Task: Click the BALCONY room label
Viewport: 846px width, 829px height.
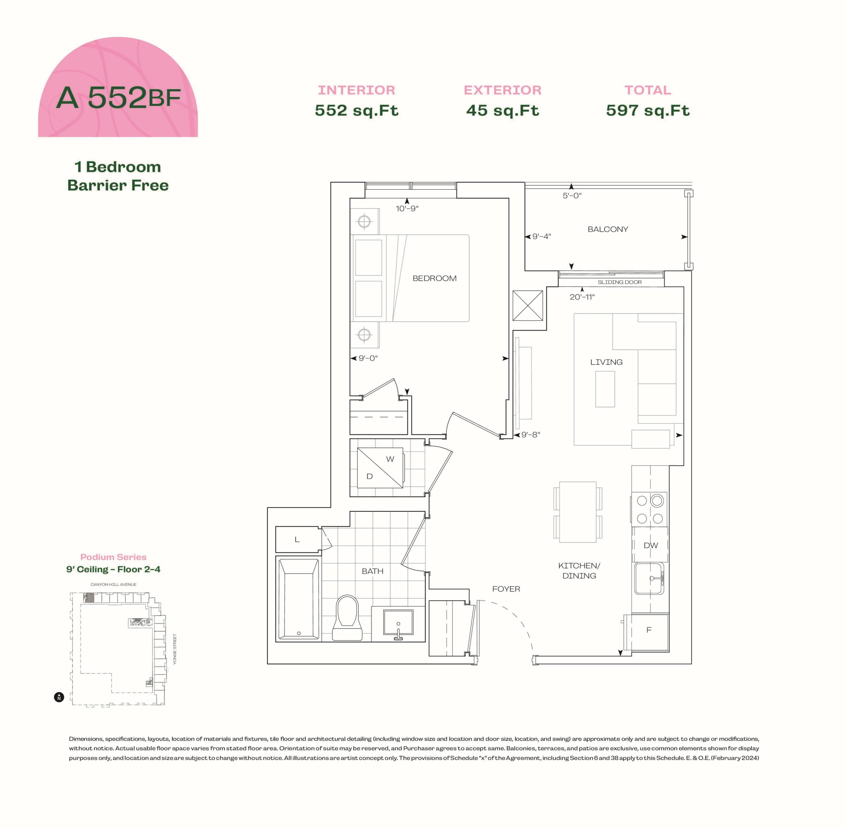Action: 608,230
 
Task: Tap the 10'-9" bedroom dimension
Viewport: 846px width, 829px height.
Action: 407,208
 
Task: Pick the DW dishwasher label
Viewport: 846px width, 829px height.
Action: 651,545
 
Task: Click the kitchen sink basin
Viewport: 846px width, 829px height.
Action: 649,579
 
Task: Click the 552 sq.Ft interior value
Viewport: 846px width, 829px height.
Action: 357,110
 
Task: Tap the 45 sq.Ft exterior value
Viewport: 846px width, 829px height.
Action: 502,110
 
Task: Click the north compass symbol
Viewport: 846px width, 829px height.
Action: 59,697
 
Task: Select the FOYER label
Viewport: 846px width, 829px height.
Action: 506,589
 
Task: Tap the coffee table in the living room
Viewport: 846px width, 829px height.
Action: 605,389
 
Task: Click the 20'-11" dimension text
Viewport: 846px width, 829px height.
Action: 582,297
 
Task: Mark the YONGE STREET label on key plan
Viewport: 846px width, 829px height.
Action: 175,649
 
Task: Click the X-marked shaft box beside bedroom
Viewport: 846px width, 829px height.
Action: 528,306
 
